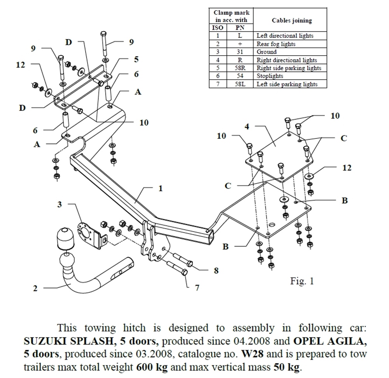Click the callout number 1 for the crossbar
[160, 189]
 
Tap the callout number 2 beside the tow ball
[35, 288]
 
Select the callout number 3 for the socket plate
[60, 205]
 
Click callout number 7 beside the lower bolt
[197, 288]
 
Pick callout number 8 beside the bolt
[216, 271]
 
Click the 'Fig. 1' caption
[301, 281]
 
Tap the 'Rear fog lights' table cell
[276, 44]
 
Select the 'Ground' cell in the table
[266, 52]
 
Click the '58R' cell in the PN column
[240, 68]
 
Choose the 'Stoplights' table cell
[270, 76]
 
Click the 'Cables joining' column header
[291, 20]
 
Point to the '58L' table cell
[240, 84]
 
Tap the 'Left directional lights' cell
[285, 36]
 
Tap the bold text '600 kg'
[152, 367]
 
